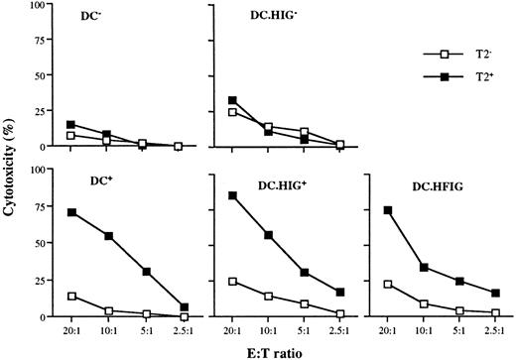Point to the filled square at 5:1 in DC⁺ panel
point(146,272)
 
